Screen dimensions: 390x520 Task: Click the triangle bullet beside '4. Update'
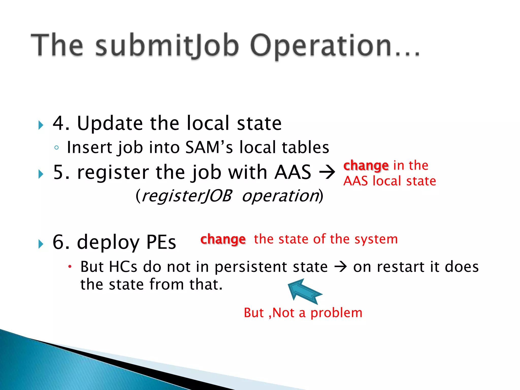pos(41,125)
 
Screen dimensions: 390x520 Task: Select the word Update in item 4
pos(110,123)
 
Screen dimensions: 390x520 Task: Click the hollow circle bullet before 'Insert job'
pos(56,148)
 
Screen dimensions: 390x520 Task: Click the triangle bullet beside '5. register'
pos(41,174)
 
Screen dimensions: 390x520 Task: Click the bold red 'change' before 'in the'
pos(366,166)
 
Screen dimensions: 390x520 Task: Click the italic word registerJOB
pos(187,196)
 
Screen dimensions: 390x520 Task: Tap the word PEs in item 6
pos(161,242)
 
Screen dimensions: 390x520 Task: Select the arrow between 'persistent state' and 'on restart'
pos(340,267)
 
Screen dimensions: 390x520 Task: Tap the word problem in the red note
pos(336,313)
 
